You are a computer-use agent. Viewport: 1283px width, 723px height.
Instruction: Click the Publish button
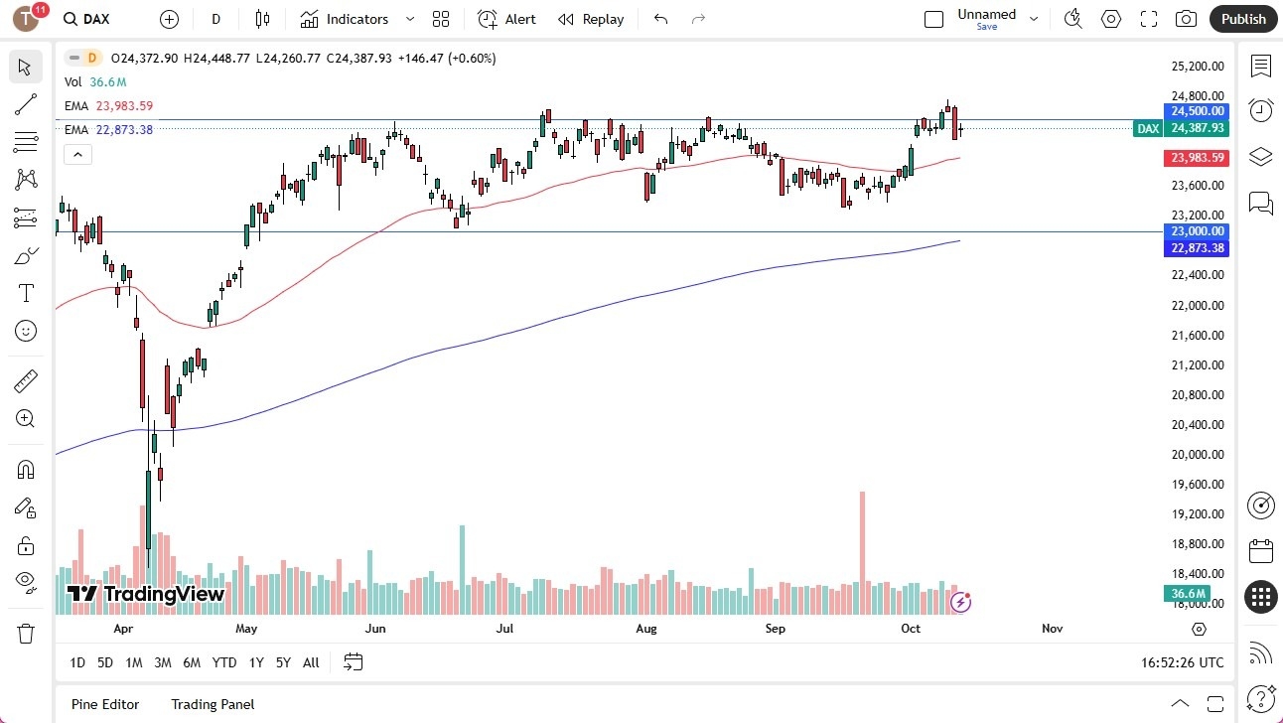coord(1243,19)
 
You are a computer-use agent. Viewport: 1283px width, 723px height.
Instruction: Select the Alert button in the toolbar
coord(507,19)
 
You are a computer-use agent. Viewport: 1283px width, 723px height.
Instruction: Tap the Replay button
coord(591,19)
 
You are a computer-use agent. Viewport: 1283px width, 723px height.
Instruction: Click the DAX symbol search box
coord(99,19)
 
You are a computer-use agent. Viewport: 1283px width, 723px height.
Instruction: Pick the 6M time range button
coord(192,662)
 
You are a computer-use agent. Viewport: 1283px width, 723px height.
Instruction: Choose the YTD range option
coord(224,662)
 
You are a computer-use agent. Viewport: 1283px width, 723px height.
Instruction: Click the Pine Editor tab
coord(105,704)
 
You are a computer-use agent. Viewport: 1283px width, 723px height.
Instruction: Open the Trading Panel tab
coord(213,704)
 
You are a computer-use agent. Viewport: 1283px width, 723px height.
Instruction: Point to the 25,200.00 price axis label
coord(1197,67)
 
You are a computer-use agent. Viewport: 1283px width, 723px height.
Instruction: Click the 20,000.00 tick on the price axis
coord(1197,455)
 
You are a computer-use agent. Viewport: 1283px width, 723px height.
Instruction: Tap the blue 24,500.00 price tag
coord(1197,111)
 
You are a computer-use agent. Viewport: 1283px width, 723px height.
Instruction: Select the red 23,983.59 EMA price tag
coord(1197,158)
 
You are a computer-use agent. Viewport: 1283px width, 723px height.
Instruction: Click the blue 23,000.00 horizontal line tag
coord(1197,231)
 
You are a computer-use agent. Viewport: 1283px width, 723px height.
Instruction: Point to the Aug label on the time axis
coord(646,629)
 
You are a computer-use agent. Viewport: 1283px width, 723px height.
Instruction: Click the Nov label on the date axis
coord(1053,629)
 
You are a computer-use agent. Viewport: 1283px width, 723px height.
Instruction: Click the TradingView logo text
coord(147,594)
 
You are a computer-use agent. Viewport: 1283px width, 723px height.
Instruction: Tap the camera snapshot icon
coord(1186,19)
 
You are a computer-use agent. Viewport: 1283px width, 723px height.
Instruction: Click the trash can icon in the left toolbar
coord(26,634)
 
